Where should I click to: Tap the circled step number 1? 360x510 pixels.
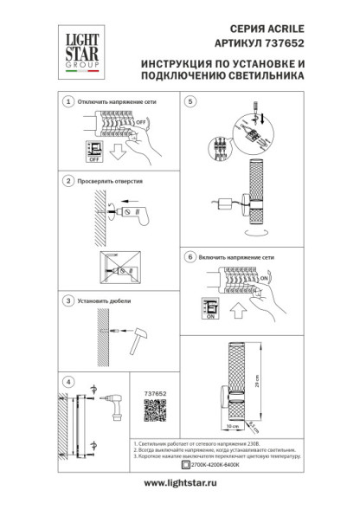(67, 102)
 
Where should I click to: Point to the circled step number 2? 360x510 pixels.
(67, 182)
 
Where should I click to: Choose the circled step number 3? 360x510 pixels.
(67, 300)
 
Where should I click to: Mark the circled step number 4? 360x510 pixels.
(67, 380)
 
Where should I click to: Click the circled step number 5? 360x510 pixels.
(191, 102)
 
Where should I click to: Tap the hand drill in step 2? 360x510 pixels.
(138, 210)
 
